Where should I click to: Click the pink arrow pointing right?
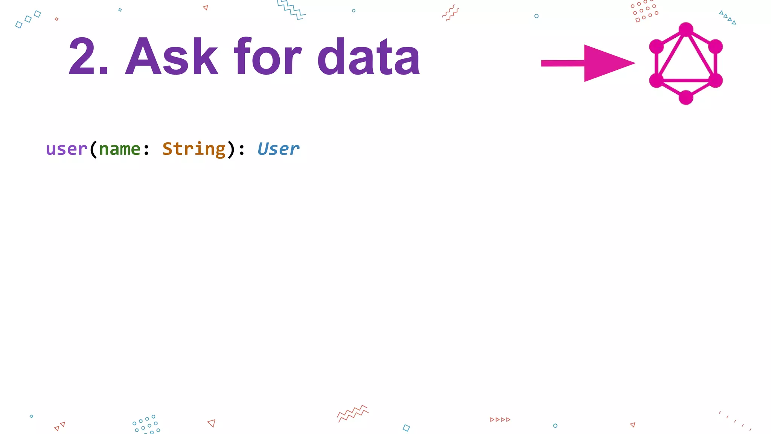click(588, 63)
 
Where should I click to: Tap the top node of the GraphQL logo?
click(686, 29)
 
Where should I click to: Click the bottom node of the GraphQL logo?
click(686, 97)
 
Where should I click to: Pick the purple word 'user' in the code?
click(67, 149)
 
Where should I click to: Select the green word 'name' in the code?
click(120, 149)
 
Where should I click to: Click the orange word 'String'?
click(194, 149)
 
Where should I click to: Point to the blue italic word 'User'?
click(278, 149)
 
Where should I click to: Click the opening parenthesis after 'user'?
click(93, 150)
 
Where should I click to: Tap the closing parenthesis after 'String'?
click(231, 150)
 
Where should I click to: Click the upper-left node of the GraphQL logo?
click(657, 46)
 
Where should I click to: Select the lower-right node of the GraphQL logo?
click(715, 80)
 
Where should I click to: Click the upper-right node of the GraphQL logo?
click(715, 46)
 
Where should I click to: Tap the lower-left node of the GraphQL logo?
click(657, 80)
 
